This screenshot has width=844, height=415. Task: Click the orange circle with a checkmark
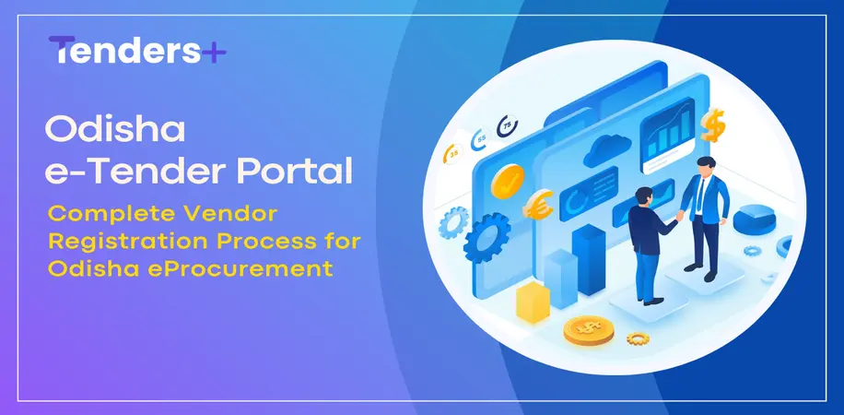coord(505,182)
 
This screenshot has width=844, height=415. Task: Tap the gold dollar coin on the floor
coord(587,328)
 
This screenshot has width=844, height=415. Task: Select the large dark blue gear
coord(484,242)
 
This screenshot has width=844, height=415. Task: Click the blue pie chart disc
coord(754,219)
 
